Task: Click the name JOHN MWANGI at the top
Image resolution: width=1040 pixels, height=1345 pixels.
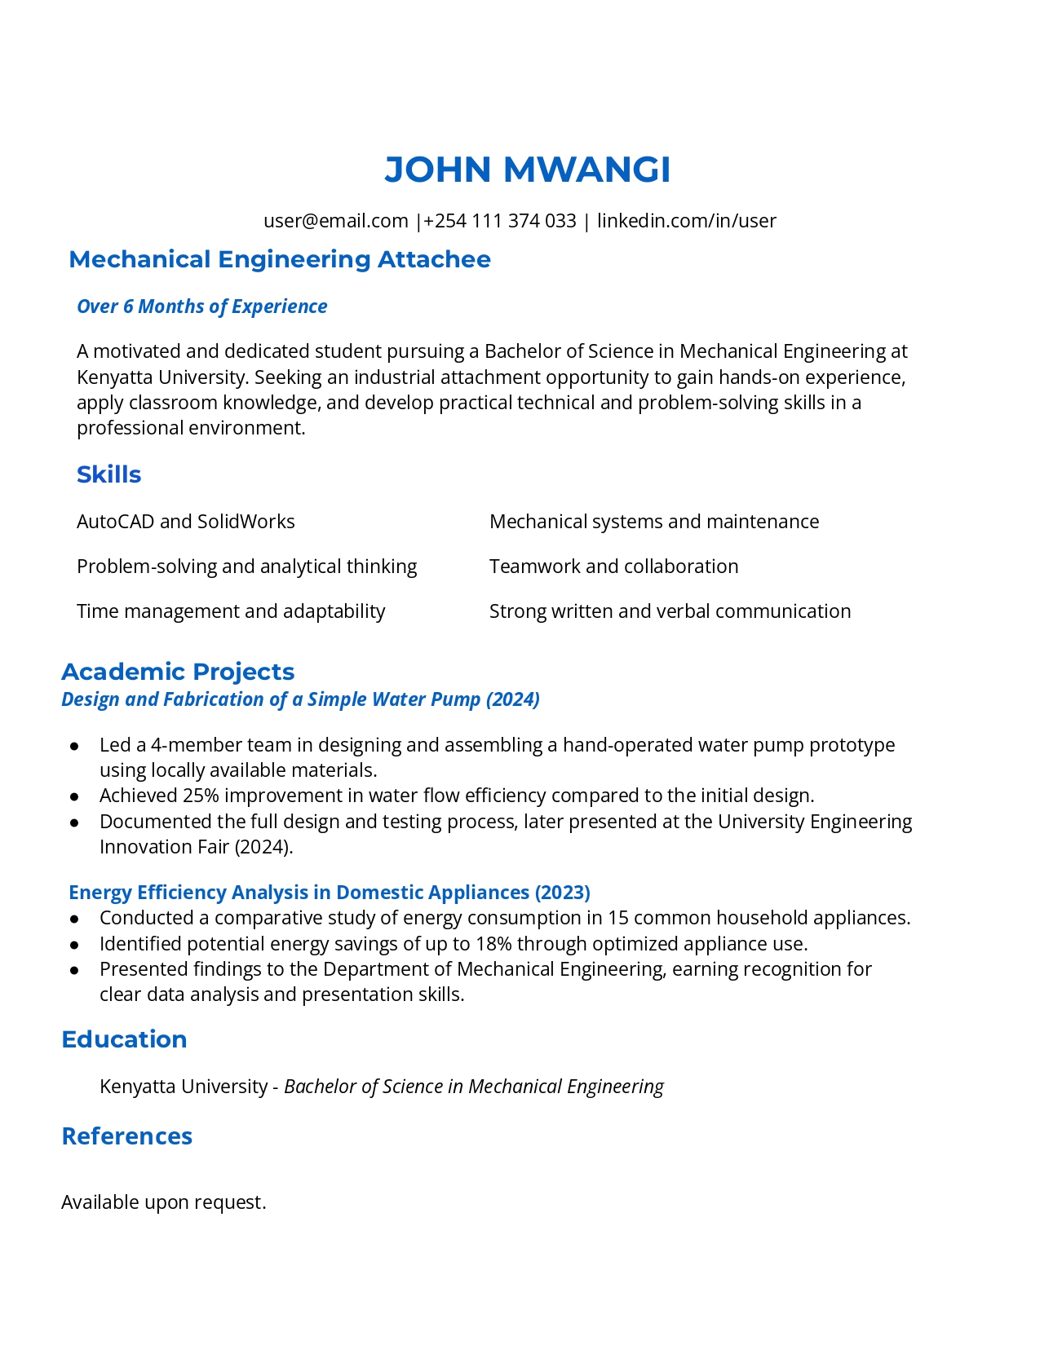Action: click(x=527, y=170)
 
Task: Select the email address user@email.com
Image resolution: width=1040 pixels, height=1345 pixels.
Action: click(x=335, y=221)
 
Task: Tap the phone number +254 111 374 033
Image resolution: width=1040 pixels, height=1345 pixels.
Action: click(x=499, y=221)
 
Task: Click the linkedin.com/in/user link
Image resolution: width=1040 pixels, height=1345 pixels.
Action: click(x=686, y=221)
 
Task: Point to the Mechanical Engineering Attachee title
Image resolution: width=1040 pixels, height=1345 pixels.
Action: click(x=280, y=259)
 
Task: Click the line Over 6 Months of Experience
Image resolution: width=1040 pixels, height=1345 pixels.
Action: click(x=201, y=306)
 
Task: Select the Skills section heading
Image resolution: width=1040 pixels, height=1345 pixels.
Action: click(x=108, y=474)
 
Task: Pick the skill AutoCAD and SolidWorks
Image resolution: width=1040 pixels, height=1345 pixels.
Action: click(x=185, y=522)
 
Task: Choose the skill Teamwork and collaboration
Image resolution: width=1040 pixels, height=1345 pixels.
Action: click(x=613, y=567)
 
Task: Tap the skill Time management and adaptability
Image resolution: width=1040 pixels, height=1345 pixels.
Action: click(x=231, y=611)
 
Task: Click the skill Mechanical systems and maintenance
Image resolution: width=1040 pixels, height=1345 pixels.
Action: click(x=653, y=522)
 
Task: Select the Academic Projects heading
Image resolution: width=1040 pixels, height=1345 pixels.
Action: click(x=178, y=672)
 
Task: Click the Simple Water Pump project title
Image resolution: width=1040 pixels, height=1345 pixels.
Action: click(x=300, y=699)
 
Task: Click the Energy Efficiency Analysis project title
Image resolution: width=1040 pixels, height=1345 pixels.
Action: click(x=329, y=893)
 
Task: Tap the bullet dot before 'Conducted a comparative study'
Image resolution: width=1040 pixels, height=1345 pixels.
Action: click(x=74, y=919)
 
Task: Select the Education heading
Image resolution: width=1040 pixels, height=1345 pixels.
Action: click(x=124, y=1039)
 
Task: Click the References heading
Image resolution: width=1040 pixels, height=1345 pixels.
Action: click(x=126, y=1136)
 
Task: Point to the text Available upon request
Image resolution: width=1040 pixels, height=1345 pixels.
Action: click(x=163, y=1202)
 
